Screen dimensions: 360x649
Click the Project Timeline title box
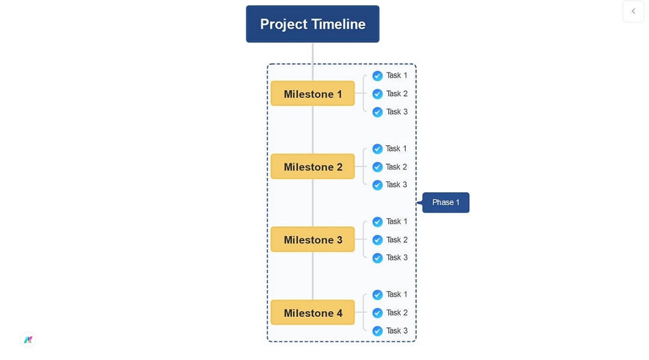point(312,24)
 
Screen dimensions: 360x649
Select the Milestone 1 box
point(312,94)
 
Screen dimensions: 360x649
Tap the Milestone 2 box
point(312,166)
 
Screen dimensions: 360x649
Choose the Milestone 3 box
point(312,240)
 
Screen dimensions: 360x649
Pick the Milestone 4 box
point(312,313)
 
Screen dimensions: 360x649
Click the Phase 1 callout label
point(446,203)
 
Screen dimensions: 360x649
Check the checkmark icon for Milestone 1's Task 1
point(377,76)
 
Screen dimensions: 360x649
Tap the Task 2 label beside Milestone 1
point(397,94)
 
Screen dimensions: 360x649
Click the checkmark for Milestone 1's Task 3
point(377,112)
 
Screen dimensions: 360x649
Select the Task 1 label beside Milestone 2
point(396,148)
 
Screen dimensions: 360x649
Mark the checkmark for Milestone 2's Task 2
point(377,166)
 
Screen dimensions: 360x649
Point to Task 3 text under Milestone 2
point(396,185)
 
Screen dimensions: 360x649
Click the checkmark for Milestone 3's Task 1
point(377,222)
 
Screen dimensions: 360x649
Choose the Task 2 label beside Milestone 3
point(397,240)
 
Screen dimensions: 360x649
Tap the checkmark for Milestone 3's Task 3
point(377,258)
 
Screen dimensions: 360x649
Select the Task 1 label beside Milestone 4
point(397,294)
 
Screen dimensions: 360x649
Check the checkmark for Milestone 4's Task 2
point(377,313)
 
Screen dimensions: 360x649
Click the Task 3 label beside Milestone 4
point(397,331)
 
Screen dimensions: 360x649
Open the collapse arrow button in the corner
point(633,11)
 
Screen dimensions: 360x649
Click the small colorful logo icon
point(28,340)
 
